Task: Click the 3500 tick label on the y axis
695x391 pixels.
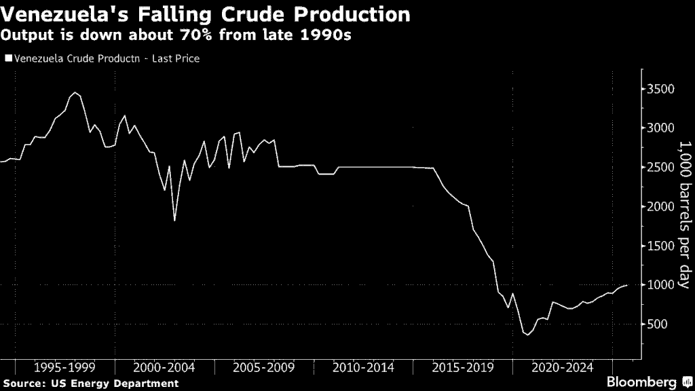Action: coord(661,90)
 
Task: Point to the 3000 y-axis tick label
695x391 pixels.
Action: coord(661,128)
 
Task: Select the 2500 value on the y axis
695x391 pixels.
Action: coord(661,168)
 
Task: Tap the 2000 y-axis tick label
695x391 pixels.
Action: coord(661,207)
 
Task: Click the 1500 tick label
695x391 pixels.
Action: coord(661,246)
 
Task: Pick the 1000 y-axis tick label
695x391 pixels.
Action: coord(661,285)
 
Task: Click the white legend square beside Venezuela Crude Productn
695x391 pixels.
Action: coord(9,59)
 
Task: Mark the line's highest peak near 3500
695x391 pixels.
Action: coord(75,93)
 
